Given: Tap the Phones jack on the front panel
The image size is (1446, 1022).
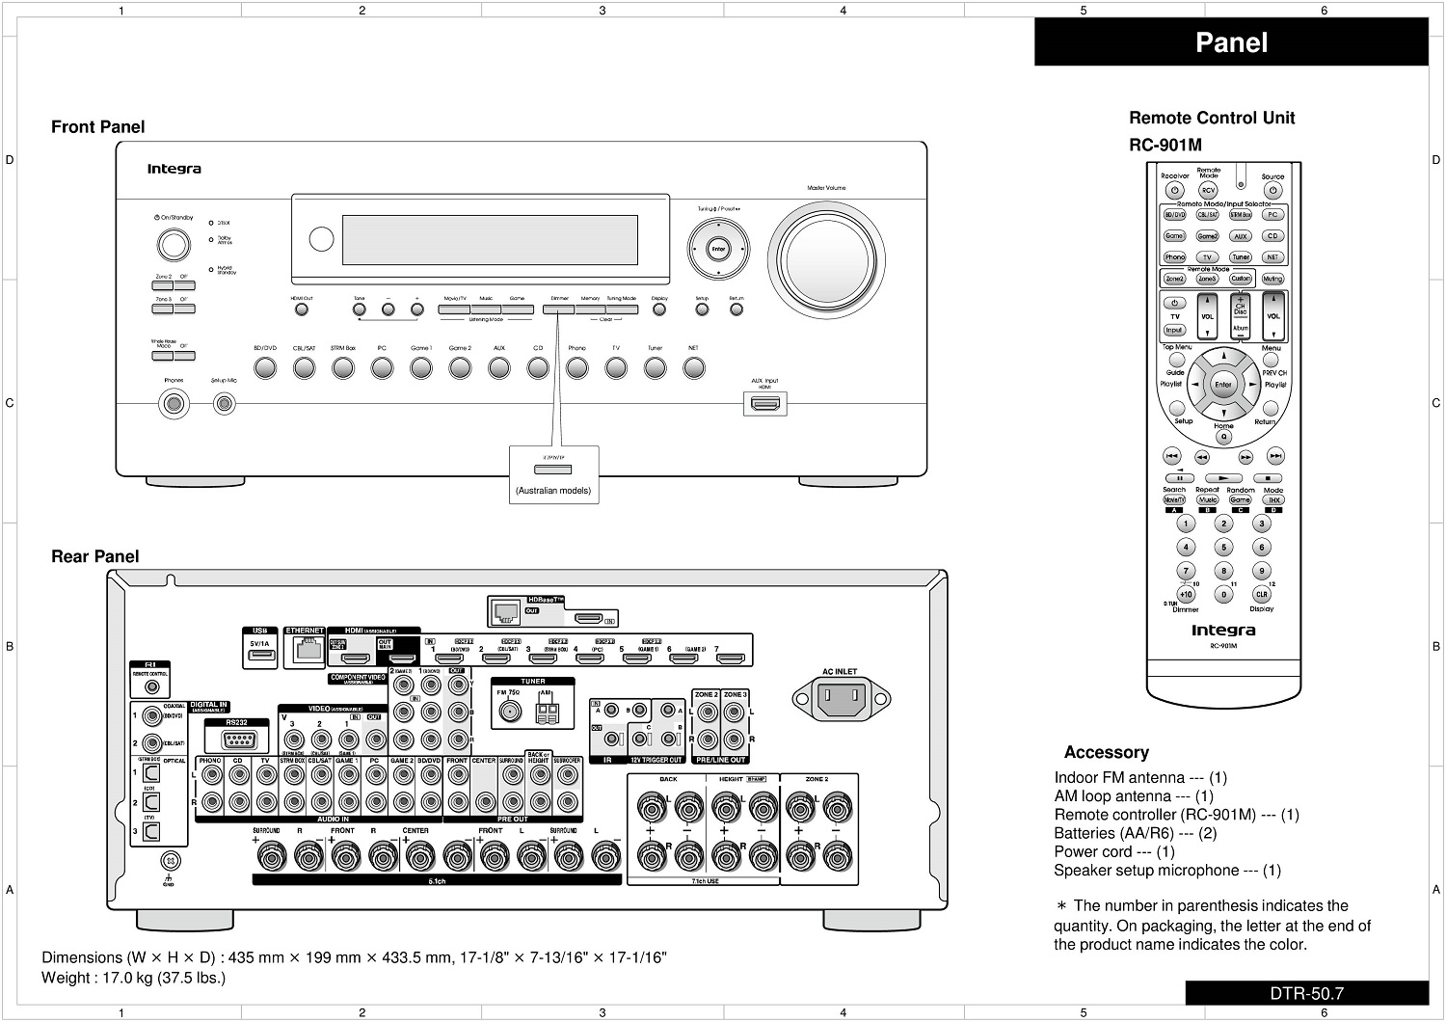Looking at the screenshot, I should (174, 403).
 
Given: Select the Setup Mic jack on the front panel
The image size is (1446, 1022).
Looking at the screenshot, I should (225, 403).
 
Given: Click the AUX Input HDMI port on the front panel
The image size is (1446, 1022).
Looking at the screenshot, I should (765, 403).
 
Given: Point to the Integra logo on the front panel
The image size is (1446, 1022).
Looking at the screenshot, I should (174, 170).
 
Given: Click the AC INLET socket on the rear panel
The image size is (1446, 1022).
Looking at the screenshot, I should (841, 696).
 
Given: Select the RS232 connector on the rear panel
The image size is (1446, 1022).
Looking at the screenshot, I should (237, 740).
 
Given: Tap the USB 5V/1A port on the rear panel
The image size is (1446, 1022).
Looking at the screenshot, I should (259, 656).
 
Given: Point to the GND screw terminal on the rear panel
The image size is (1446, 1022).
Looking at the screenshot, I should (170, 860).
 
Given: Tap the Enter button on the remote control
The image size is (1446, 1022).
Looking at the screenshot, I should (1223, 385).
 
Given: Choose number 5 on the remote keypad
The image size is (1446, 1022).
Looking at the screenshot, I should (1223, 548).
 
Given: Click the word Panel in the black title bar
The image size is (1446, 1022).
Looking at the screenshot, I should (1231, 42).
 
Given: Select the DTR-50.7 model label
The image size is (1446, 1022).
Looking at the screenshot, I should (1306, 994).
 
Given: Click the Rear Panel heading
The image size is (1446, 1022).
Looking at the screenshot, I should (95, 556).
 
